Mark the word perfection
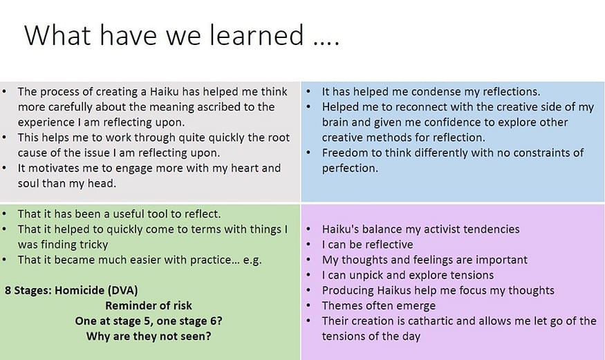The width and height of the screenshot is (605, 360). pos(350,169)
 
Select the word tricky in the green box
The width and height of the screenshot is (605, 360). pos(94,245)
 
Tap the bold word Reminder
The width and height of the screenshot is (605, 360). pos(129,305)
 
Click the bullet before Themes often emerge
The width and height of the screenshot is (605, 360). pos(308,305)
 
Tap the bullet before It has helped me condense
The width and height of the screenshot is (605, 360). pos(308,92)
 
